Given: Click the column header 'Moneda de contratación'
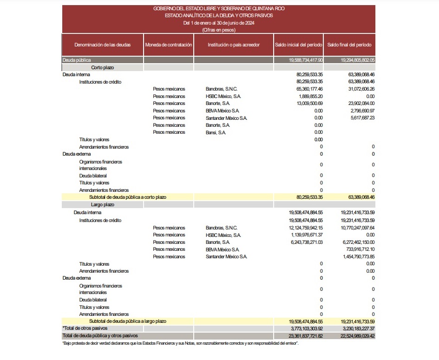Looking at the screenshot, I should (168, 45).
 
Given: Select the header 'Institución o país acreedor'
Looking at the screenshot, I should (234, 45).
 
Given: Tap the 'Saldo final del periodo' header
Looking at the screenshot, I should (349, 45).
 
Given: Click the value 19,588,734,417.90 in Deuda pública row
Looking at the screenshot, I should (306, 60).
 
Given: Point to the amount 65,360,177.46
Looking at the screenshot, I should (309, 89).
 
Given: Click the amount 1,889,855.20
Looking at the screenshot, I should (310, 96).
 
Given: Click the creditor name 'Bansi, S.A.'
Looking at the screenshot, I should (216, 132).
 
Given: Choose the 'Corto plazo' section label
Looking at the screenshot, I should (103, 67).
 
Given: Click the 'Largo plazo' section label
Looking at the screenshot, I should (103, 204).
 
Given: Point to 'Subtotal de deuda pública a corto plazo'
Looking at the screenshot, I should (128, 197).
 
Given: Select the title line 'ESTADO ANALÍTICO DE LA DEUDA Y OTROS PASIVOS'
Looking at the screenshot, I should (219, 15).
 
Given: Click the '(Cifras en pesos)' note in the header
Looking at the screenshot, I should (219, 30).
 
